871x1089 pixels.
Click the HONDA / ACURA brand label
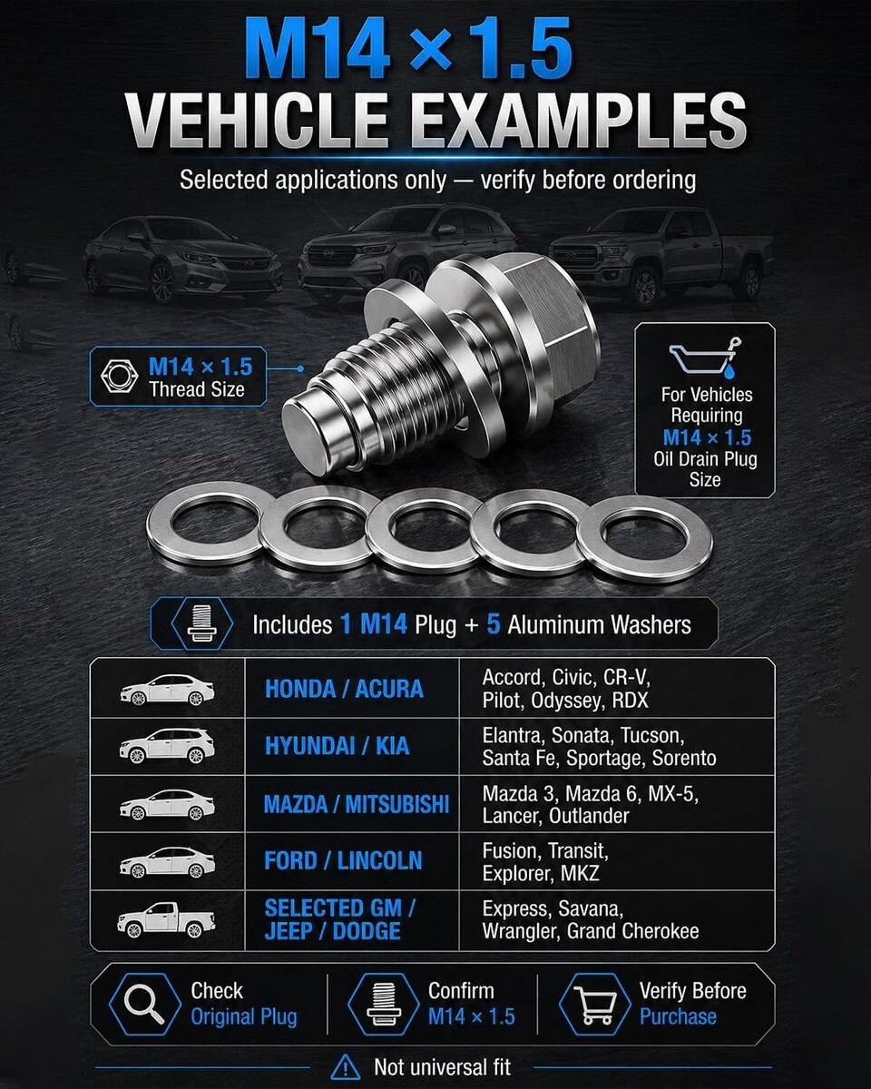(x=344, y=689)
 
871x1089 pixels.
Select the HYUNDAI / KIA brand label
(x=338, y=746)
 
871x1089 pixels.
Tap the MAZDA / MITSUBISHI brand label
(x=357, y=804)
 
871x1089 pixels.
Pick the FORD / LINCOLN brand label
(x=343, y=860)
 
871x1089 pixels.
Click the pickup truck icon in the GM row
(x=166, y=919)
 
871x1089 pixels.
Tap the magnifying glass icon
(x=143, y=1004)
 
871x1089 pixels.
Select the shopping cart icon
(x=595, y=1005)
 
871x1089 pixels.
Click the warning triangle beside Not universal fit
(x=345, y=1068)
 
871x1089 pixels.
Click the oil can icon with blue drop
(x=704, y=358)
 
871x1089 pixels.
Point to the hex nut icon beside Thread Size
(x=119, y=376)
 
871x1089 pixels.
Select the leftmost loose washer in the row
(x=209, y=524)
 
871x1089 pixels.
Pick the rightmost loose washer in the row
(x=644, y=538)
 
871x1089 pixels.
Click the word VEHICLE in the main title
(x=257, y=121)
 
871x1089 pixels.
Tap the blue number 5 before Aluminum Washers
(x=494, y=624)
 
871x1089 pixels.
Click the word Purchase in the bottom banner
(x=678, y=1016)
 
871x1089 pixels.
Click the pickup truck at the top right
(x=661, y=258)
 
